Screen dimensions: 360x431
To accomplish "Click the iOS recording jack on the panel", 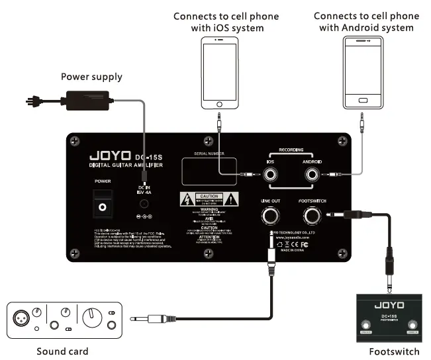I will coord(271,175).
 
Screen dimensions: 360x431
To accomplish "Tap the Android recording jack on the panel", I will coord(311,175).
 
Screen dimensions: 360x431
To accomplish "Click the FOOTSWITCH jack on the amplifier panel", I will coord(311,216).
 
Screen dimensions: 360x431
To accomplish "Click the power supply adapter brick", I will coord(85,100).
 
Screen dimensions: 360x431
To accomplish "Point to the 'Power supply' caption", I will coord(91,77).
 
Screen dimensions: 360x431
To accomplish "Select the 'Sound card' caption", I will coord(62,351).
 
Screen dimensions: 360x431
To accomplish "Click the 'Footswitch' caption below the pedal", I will coord(393,351).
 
